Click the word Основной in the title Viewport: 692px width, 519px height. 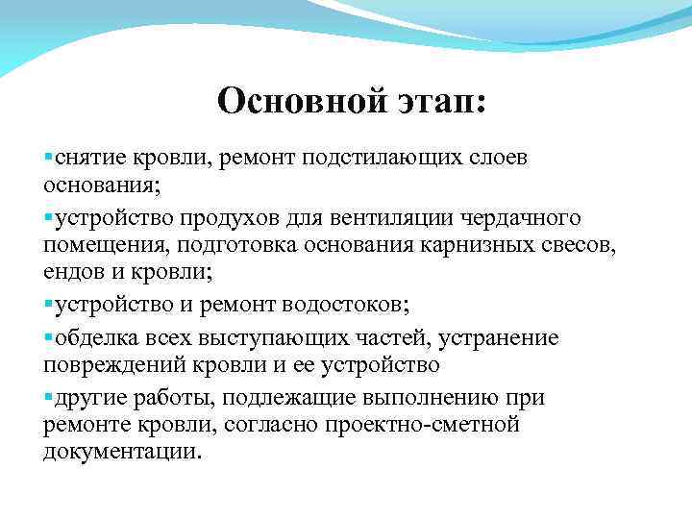click(298, 100)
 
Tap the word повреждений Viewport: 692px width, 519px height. click(111, 365)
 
